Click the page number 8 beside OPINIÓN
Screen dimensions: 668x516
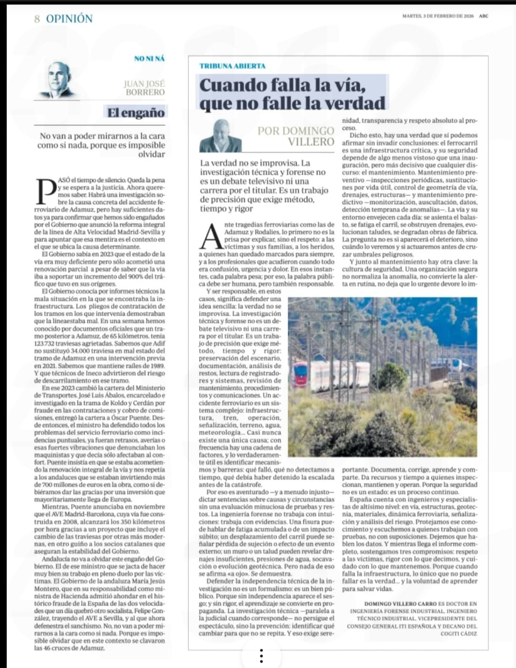click(x=37, y=19)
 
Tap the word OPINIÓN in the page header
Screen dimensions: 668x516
click(x=69, y=19)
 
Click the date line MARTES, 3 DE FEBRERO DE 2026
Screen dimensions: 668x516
click(x=438, y=16)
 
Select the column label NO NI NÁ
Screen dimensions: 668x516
click(x=149, y=58)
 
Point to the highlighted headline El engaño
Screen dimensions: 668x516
click(x=136, y=112)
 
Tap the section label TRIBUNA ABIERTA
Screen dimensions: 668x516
click(x=232, y=66)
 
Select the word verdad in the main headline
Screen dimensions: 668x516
click(x=355, y=103)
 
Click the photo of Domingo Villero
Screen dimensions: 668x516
click(x=220, y=136)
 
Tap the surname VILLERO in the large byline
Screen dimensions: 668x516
click(x=311, y=142)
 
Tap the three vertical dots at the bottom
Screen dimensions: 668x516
click(x=261, y=656)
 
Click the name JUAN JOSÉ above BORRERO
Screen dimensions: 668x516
click(x=144, y=84)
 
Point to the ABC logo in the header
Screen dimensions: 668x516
click(x=484, y=16)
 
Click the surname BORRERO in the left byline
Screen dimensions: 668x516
click(x=145, y=92)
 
